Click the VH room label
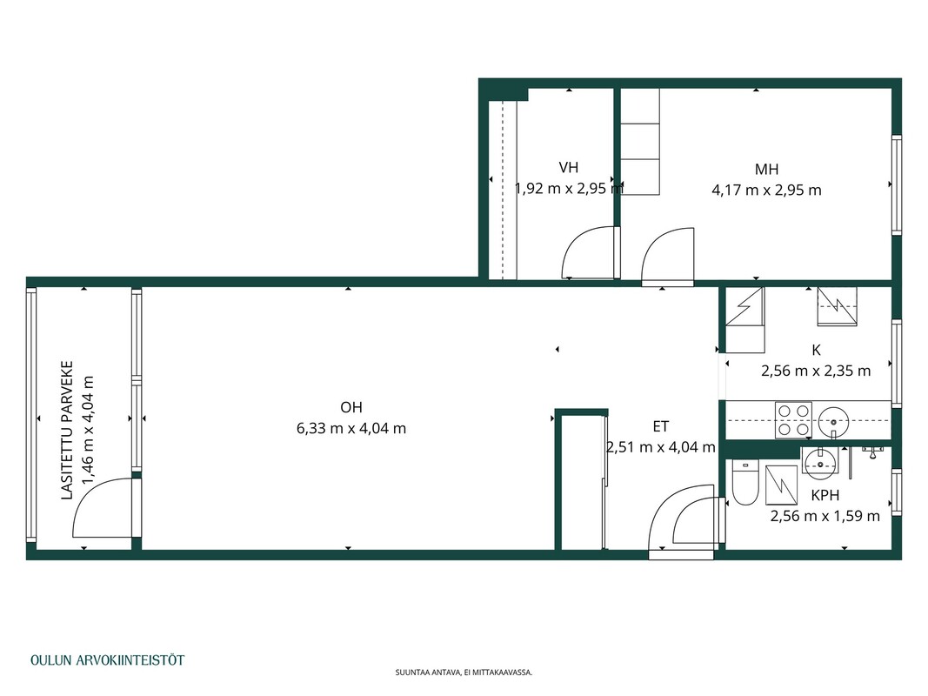(x=568, y=168)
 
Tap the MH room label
(x=766, y=170)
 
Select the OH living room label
(x=351, y=407)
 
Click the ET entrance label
(x=660, y=426)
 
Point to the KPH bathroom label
(x=825, y=495)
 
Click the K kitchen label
(x=816, y=351)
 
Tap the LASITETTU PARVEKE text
(x=68, y=431)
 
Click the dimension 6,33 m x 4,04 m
(x=351, y=428)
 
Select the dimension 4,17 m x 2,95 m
(x=766, y=190)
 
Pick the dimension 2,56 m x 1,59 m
(x=825, y=516)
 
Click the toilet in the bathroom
(x=745, y=482)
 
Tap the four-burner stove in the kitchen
(x=793, y=419)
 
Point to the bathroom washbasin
(x=819, y=463)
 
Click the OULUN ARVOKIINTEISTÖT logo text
(x=107, y=660)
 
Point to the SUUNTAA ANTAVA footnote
(x=464, y=673)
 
